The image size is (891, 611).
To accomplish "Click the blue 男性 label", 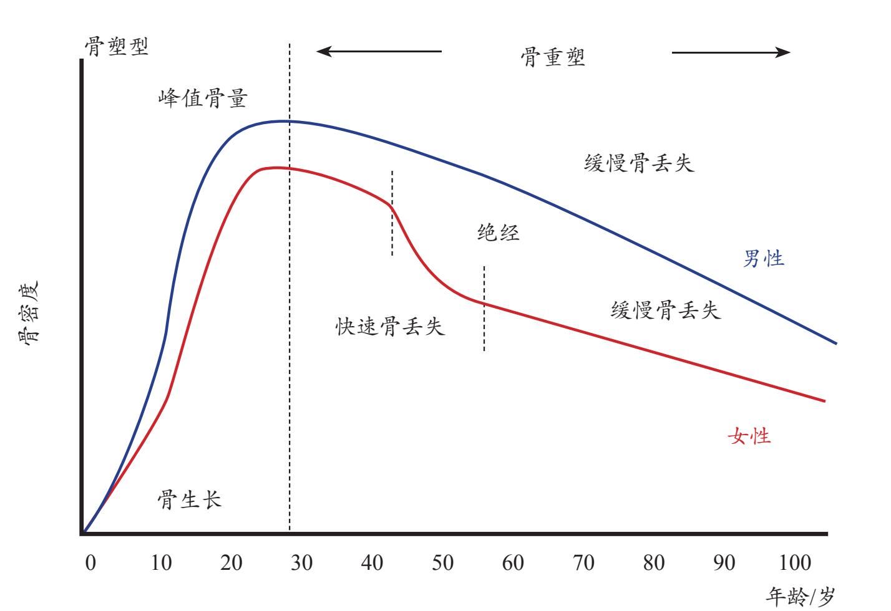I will (x=763, y=258).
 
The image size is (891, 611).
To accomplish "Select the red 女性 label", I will (x=749, y=436).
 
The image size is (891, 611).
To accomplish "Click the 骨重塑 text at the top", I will (x=553, y=58).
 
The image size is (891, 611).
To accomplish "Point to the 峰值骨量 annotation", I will (x=203, y=99).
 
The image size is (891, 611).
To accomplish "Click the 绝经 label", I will (x=499, y=233).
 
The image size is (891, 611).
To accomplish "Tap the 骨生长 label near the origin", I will (x=189, y=499).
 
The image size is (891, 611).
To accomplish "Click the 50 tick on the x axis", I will (x=443, y=564).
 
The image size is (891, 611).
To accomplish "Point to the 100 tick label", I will (x=795, y=564).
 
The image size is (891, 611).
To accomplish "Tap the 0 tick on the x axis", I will (x=91, y=564).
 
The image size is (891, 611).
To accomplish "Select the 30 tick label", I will (x=302, y=564).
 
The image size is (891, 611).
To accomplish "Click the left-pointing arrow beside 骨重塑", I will (x=379, y=51).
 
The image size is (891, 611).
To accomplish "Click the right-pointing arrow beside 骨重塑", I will (x=731, y=52).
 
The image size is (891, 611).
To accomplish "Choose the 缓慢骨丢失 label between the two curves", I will (x=666, y=310).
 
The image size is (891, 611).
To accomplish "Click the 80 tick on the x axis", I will (x=654, y=564).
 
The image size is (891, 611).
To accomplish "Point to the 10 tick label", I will (x=161, y=564).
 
